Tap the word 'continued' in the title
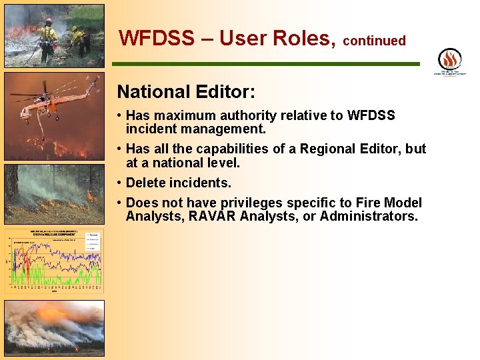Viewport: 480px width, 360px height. [374, 41]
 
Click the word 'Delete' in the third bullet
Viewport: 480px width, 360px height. [145, 183]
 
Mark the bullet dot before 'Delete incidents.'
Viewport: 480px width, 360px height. [119, 183]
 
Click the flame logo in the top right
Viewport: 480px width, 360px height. [449, 59]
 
